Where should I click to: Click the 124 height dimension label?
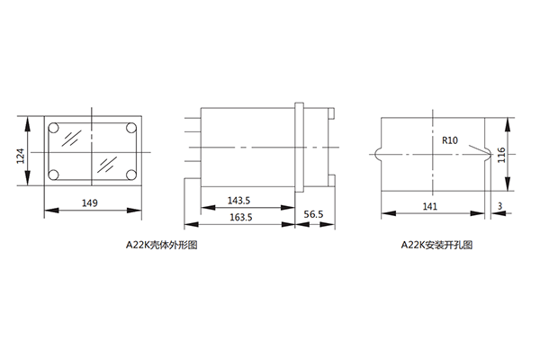(x=21, y=156)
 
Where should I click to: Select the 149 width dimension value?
(x=89, y=202)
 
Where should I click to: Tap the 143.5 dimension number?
(x=238, y=201)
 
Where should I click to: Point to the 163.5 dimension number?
(x=240, y=217)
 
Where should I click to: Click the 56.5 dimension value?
(x=313, y=214)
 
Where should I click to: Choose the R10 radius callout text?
(x=450, y=140)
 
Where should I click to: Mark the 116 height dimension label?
(x=501, y=155)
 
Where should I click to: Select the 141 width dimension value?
(x=430, y=206)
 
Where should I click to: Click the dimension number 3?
(x=500, y=206)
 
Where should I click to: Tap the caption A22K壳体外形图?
(x=161, y=245)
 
